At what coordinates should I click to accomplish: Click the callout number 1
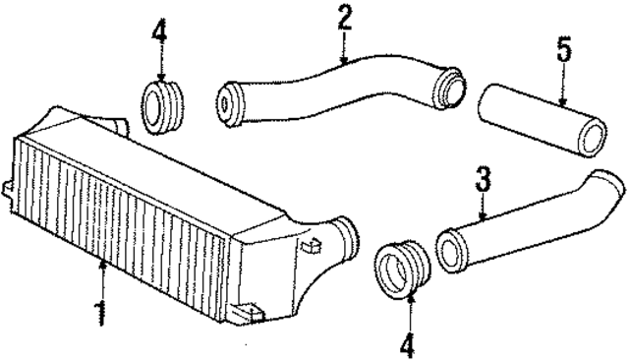99,313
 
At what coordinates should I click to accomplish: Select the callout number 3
483,181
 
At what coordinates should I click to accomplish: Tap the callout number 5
563,49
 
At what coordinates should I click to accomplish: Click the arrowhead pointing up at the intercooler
102,262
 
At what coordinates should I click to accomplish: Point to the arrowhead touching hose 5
562,101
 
